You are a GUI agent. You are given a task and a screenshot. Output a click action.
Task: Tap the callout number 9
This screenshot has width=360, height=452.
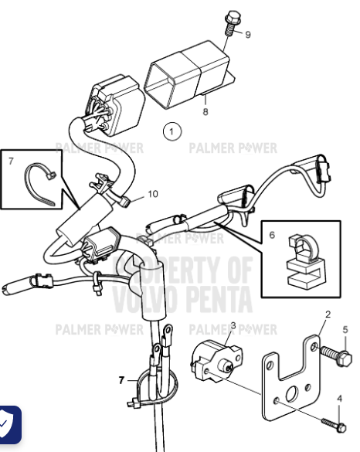248,35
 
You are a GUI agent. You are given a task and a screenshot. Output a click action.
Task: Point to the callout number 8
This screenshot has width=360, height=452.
206,111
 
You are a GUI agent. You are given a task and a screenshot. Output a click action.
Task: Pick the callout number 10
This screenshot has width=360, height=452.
152,193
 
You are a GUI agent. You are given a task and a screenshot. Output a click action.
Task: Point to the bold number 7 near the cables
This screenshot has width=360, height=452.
121,380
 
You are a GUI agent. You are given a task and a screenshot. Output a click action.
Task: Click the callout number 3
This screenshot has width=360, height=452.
233,327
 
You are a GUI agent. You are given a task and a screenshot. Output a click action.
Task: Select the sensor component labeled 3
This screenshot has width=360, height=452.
216,359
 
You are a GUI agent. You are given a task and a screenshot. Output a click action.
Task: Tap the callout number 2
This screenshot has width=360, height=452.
328,314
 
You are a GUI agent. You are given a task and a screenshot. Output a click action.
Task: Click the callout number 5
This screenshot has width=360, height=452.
345,330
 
